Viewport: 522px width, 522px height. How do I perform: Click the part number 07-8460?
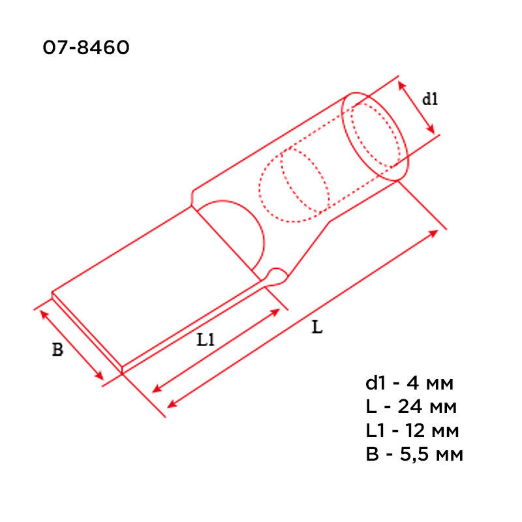point(86,47)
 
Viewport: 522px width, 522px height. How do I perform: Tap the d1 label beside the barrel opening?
point(430,99)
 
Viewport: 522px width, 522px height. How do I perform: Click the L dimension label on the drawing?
point(317,327)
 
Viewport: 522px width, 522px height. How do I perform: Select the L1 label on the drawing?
point(206,340)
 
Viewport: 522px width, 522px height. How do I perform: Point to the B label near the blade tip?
point(57,350)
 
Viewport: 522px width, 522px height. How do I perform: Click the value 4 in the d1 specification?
point(412,383)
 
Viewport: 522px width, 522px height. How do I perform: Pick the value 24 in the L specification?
point(410,407)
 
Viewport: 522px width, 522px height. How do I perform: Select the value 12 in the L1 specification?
point(415,431)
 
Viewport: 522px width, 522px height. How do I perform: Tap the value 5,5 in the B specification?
point(414,455)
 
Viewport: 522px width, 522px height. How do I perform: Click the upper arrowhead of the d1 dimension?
point(402,85)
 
